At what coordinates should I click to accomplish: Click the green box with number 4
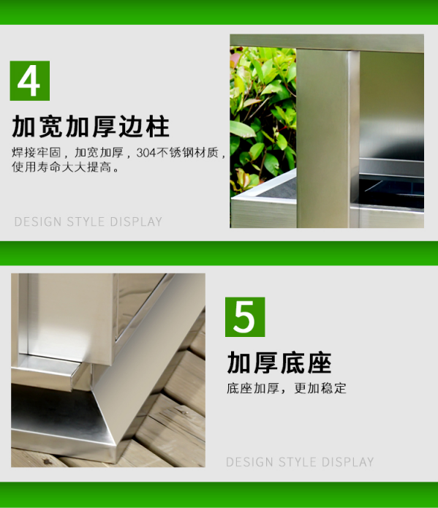tap(30, 80)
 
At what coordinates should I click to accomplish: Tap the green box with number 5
tap(245, 316)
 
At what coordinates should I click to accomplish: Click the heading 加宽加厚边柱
tap(91, 126)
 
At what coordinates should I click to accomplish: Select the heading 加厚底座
tap(279, 363)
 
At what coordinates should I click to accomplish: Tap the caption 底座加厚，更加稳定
tap(287, 388)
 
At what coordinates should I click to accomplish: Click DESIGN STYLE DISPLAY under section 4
tap(88, 221)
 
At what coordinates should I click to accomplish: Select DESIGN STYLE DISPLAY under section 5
tap(300, 462)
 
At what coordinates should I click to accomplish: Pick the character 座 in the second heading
tap(320, 363)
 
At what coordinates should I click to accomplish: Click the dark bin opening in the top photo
tap(391, 192)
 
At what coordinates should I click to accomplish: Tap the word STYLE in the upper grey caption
tap(86, 221)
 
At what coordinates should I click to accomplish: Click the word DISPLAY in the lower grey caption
tap(347, 462)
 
